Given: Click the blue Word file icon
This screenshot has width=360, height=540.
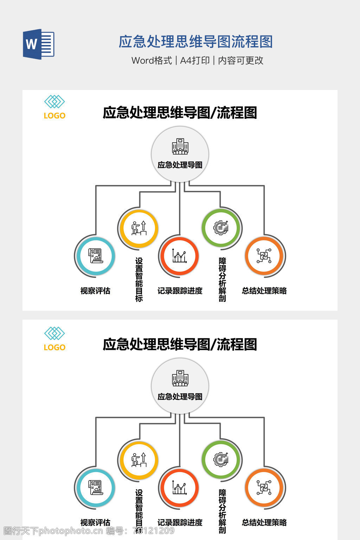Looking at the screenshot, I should tap(38, 44).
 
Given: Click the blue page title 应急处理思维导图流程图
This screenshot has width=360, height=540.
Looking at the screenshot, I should tap(195, 41).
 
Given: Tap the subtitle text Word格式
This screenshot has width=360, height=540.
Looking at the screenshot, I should tap(152, 60).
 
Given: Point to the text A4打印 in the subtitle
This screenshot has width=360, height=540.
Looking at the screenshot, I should tap(195, 60).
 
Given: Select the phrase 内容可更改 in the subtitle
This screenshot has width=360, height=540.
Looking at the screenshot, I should tap(240, 60).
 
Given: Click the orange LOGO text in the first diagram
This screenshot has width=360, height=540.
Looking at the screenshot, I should tap(54, 116).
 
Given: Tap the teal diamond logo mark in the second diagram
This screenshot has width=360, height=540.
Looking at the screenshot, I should tap(54, 333).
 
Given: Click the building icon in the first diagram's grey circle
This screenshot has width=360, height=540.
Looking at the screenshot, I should tap(180, 146).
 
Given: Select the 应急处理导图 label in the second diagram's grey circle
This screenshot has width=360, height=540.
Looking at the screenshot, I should tap(180, 397).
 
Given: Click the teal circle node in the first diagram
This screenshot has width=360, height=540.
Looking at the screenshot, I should tap(96, 256).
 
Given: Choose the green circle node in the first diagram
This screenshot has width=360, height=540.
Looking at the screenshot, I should tap(221, 227).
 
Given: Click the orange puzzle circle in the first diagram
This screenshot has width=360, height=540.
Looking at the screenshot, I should tap(264, 256).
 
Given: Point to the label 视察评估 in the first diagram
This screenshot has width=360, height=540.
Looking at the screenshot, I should tap(95, 291).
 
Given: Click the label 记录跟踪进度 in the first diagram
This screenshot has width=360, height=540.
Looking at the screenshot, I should tap(180, 291).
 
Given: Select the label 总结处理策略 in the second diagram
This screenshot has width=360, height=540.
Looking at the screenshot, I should tap(264, 522).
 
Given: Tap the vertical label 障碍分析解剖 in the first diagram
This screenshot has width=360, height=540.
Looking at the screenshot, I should tap(222, 279).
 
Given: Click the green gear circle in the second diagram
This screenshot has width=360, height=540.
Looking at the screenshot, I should tap(221, 459).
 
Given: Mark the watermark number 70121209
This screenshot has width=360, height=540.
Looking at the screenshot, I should tap(153, 531).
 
